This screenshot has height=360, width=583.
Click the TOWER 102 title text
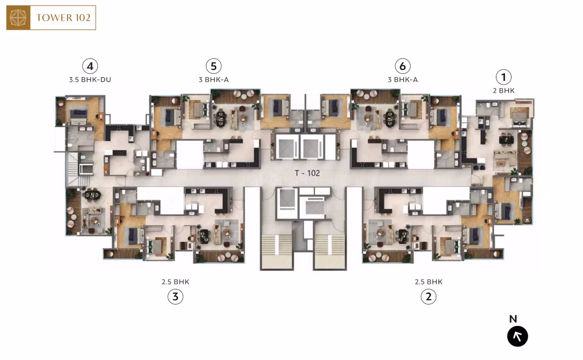pyautogui.click(x=63, y=18)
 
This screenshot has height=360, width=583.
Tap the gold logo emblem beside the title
pyautogui.click(x=18, y=18)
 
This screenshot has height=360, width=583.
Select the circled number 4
pyautogui.click(x=90, y=66)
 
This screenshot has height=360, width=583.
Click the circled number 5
pyautogui.click(x=214, y=66)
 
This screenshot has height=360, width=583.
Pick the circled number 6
pyautogui.click(x=402, y=66)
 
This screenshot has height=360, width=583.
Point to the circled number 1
pyautogui.click(x=504, y=77)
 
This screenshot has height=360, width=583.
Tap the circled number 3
pyautogui.click(x=175, y=297)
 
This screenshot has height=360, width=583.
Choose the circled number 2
pyautogui.click(x=428, y=297)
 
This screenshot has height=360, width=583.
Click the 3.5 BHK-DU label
pyautogui.click(x=90, y=79)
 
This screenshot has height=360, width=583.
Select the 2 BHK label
pyautogui.click(x=504, y=91)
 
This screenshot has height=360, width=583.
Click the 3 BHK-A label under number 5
pyautogui.click(x=214, y=79)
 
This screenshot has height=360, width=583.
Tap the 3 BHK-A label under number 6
pyautogui.click(x=403, y=79)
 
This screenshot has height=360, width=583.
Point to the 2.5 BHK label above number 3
pyautogui.click(x=175, y=282)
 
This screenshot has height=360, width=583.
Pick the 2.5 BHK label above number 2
pyautogui.click(x=429, y=282)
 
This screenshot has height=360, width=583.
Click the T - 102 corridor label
pyautogui.click(x=307, y=173)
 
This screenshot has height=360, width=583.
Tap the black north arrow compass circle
pyautogui.click(x=518, y=336)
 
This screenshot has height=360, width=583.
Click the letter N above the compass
pyautogui.click(x=513, y=319)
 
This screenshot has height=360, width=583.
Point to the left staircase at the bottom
pyautogui.click(x=275, y=251)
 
